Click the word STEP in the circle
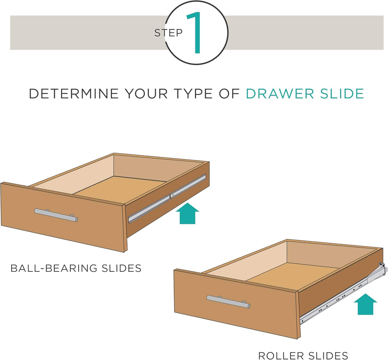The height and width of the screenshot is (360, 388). (168, 33)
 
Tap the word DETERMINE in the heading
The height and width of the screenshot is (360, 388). (74, 94)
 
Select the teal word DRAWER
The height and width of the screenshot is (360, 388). (280, 94)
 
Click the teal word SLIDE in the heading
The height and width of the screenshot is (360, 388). (342, 94)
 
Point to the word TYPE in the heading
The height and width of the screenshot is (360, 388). (193, 94)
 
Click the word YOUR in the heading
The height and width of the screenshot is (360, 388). (146, 94)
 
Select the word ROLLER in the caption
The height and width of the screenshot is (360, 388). (279, 356)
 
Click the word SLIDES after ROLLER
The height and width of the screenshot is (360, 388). (326, 356)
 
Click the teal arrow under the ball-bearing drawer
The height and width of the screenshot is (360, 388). (187, 213)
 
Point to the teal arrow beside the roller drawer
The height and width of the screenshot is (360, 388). (366, 304)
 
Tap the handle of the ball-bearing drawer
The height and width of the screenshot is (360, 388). (56, 215)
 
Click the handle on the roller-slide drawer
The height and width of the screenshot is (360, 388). (228, 302)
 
